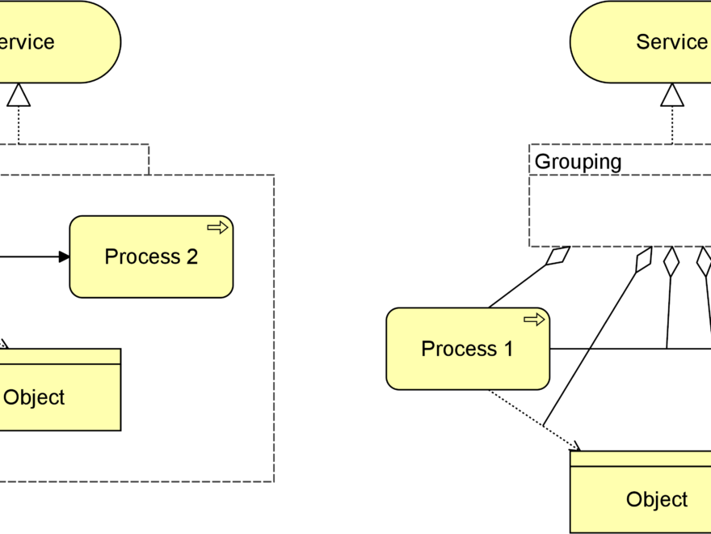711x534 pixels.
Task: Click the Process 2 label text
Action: coord(151,256)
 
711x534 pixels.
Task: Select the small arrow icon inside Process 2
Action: coord(217,227)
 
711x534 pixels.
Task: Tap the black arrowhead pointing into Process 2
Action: coord(64,256)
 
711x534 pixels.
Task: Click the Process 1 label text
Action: coord(467,349)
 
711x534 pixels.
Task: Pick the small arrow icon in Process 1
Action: coord(534,320)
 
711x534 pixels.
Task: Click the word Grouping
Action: coord(578,161)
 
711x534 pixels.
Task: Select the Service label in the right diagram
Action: coord(671,42)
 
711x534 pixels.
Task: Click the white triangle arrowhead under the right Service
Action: coord(672,95)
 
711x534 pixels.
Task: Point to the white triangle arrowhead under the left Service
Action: coord(18,95)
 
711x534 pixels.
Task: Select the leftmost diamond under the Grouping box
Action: coord(558,256)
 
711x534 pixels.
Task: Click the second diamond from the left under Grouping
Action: coord(643,260)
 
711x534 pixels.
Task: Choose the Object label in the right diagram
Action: coord(656,499)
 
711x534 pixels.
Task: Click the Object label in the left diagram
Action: coord(34,397)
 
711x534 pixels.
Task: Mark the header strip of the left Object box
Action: coord(57,357)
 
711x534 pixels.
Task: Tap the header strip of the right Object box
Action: coord(640,460)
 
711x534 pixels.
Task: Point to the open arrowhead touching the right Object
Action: coord(574,445)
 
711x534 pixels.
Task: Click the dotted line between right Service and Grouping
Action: coord(672,126)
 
